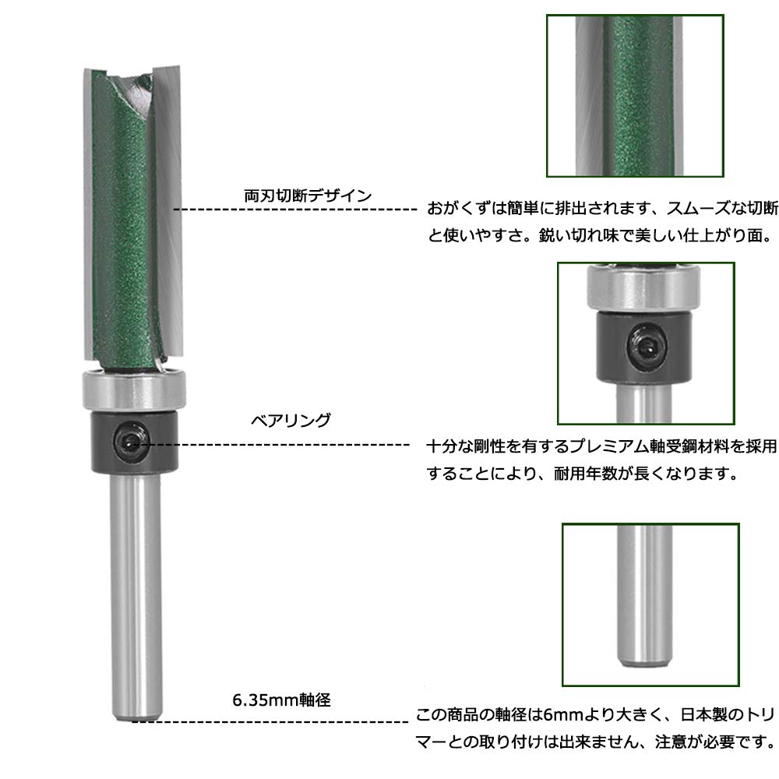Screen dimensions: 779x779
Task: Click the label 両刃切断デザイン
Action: (308, 196)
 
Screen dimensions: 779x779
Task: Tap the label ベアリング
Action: (290, 420)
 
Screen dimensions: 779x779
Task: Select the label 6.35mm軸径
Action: (281, 700)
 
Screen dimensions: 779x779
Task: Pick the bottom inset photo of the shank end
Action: (650, 605)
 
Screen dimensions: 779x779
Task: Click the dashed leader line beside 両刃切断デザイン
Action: (296, 210)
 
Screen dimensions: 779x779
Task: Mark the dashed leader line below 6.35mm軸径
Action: (273, 721)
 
